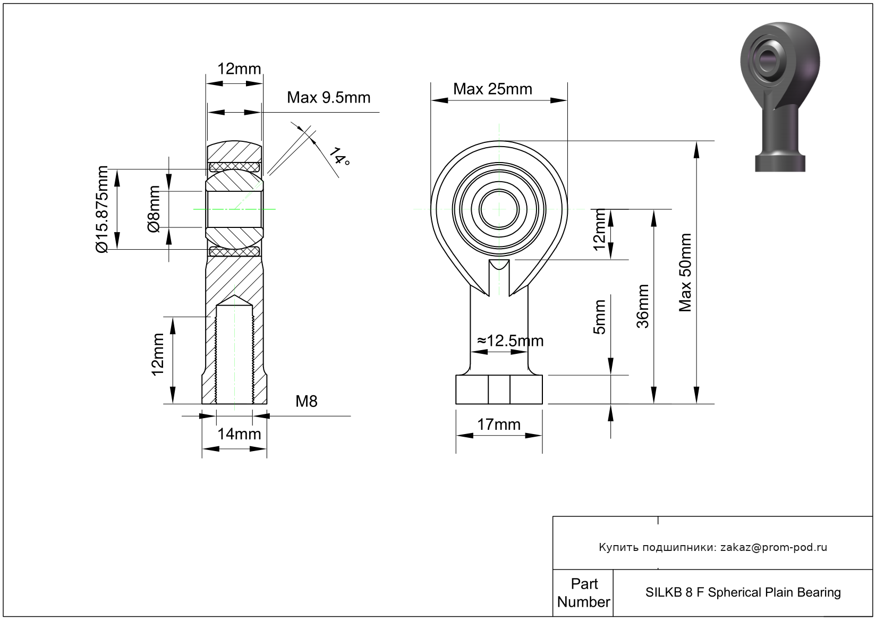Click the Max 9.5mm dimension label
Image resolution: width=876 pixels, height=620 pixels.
pos(328,98)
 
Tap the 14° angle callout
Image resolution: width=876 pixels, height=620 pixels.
pos(338,156)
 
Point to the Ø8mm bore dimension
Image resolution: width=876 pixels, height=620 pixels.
pos(154,209)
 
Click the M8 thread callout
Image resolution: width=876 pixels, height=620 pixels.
pos(307,402)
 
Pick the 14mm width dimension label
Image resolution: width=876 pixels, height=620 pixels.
pos(239,434)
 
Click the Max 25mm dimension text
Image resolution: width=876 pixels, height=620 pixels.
pos(492,89)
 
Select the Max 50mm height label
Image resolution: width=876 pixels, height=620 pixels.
pos(685,273)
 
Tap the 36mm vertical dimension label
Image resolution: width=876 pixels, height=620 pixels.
pos(643,307)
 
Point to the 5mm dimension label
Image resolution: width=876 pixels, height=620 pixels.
pos(599,317)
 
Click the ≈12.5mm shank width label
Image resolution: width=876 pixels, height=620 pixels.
pos(510,341)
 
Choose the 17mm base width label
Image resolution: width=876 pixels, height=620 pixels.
pos(498,424)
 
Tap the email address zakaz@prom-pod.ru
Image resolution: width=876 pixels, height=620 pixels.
pos(773,547)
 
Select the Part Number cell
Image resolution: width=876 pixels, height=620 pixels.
pos(583,593)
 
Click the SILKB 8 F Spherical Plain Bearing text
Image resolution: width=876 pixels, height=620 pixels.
pos(743,592)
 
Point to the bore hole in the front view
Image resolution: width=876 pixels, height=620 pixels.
pos(499,209)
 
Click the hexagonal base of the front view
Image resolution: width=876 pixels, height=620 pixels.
pos(499,389)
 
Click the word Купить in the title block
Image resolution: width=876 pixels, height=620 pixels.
pos(618,547)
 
